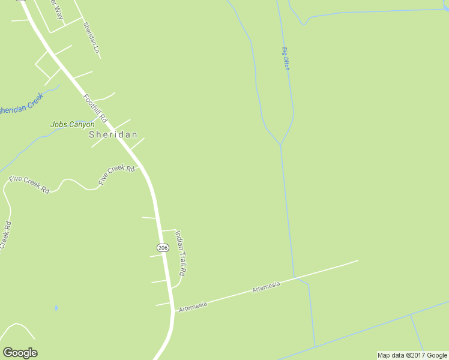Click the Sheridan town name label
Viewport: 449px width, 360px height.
click(x=113, y=135)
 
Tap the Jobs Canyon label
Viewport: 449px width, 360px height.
click(x=72, y=125)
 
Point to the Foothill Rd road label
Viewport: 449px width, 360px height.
click(x=95, y=107)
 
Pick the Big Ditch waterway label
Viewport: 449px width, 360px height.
click(x=286, y=59)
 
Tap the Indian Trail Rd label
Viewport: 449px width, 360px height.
click(x=181, y=254)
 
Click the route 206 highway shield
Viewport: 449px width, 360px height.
click(x=162, y=247)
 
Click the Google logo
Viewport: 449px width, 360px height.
click(x=20, y=353)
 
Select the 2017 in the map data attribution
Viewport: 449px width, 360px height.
click(x=418, y=355)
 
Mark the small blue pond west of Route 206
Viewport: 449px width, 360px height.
click(x=56, y=308)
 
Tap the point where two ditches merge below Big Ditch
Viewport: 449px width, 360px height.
click(x=280, y=145)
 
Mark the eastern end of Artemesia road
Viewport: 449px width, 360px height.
click(x=357, y=260)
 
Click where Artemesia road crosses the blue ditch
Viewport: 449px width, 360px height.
click(x=294, y=278)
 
